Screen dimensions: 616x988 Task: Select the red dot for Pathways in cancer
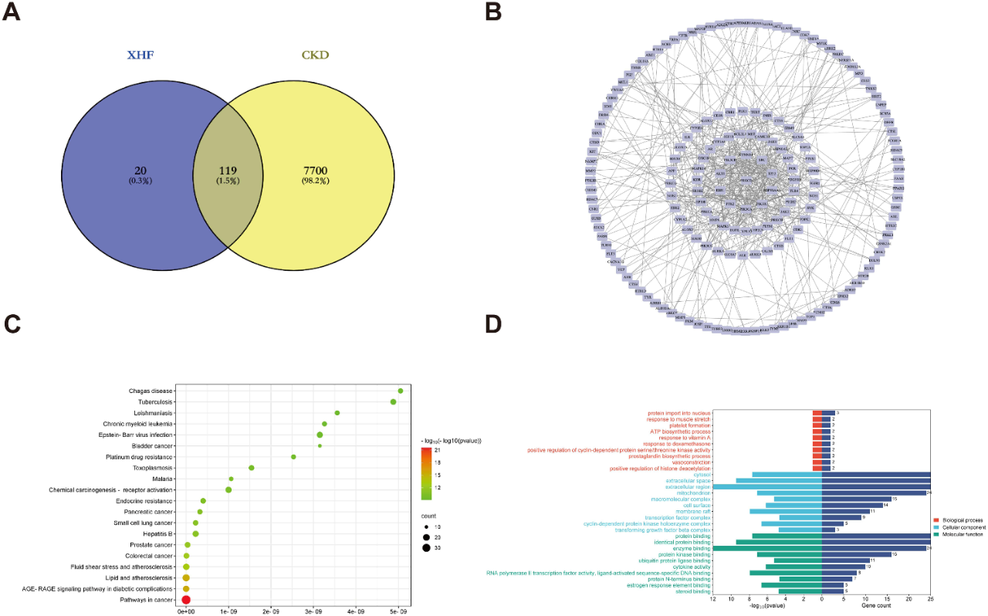pos(186,599)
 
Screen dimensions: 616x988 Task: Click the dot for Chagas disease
pos(400,391)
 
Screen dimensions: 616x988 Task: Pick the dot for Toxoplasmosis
pos(252,468)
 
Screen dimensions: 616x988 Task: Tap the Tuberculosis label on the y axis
pos(152,402)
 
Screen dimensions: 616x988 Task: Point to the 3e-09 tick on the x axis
pos(313,611)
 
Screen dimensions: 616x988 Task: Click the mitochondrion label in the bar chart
pos(694,492)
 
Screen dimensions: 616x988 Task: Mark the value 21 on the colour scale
pos(436,448)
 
